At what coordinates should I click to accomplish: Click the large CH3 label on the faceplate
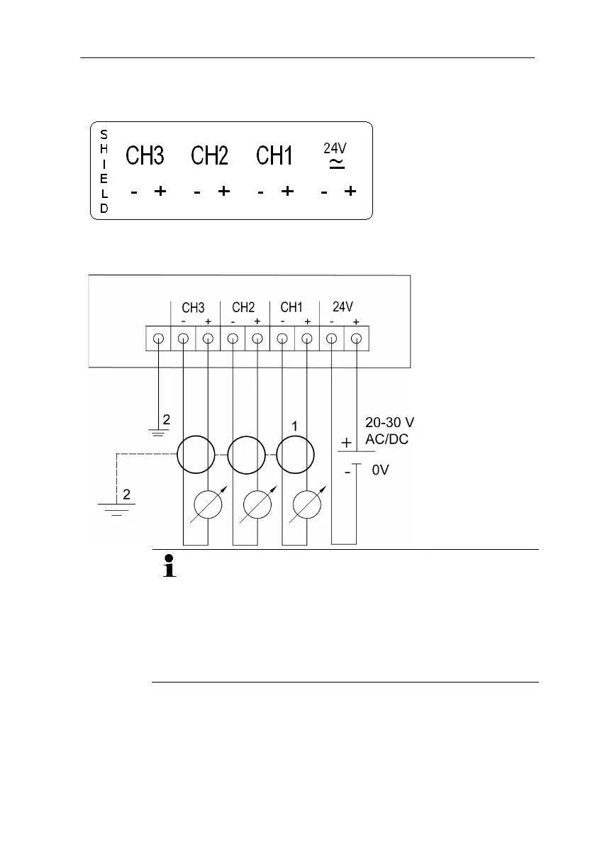point(145,155)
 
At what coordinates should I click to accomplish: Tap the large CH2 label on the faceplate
point(210,155)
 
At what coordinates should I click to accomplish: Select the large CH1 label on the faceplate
point(274,155)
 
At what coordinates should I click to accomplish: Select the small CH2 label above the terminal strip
point(243,308)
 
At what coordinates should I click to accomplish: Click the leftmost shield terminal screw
point(158,338)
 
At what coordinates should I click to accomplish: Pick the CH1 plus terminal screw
point(307,338)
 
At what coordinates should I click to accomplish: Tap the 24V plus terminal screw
point(357,338)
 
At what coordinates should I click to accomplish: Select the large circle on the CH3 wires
point(195,454)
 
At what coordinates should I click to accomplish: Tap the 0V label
point(381,469)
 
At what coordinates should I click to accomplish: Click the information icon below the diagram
point(169,568)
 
